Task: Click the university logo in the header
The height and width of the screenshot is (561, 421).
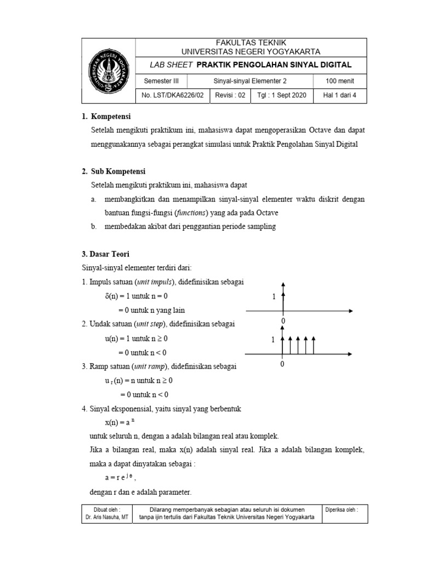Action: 108,71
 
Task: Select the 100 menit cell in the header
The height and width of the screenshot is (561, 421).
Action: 339,81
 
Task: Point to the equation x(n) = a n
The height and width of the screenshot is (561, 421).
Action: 119,422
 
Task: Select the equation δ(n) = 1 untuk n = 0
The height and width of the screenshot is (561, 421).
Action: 136,296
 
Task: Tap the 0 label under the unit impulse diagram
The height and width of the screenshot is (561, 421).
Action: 283,320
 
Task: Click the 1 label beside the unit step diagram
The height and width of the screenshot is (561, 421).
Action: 272,340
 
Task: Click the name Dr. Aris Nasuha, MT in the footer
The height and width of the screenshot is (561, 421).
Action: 107,518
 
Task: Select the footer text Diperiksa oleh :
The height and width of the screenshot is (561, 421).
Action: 342,509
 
